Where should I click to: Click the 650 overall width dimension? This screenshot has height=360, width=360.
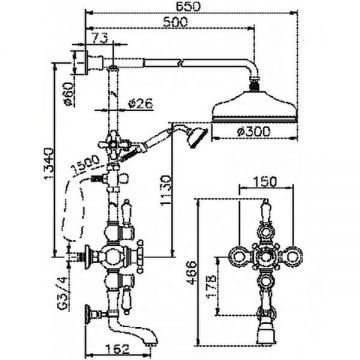click(x=190, y=6)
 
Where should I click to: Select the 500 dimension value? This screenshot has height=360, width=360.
click(x=175, y=22)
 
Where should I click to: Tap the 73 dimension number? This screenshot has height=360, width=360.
click(x=99, y=38)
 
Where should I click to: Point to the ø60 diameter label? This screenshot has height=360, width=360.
click(x=69, y=94)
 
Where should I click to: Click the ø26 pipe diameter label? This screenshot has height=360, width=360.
click(x=140, y=104)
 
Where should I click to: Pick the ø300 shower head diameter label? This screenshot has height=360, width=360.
click(x=253, y=132)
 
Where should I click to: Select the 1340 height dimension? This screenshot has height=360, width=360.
click(x=49, y=163)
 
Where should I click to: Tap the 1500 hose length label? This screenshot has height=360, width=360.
click(x=85, y=164)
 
